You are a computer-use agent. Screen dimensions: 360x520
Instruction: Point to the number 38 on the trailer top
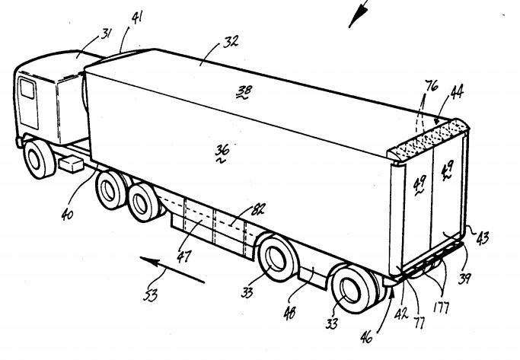pos(244,92)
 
